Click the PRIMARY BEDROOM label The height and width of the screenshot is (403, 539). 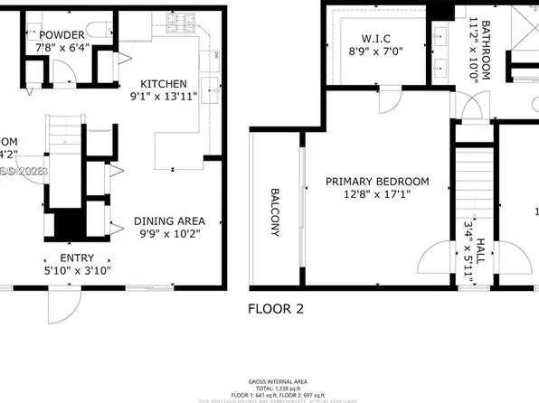[377, 182]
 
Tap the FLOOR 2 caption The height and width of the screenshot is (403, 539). [276, 308]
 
